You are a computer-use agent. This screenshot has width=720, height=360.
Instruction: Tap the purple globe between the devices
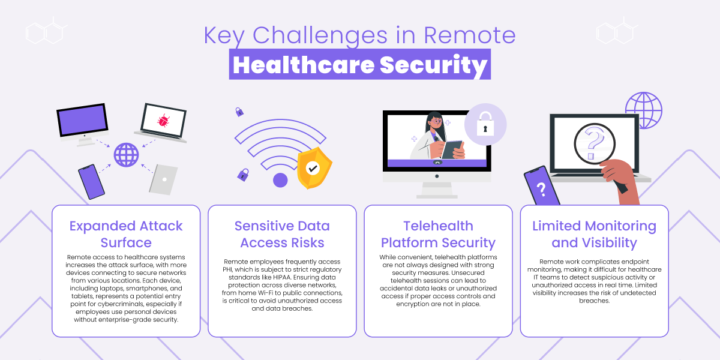coord(126,154)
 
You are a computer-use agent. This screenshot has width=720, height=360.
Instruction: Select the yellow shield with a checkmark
coord(313,169)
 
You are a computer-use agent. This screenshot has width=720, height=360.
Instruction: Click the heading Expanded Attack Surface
coord(126,234)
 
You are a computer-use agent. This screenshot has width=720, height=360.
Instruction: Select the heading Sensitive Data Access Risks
coord(282,234)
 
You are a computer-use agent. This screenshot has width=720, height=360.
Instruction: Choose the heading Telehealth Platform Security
coord(438,234)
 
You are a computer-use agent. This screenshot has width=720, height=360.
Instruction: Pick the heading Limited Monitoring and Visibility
coord(594,234)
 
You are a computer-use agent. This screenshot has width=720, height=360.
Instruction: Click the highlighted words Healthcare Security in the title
coord(359,65)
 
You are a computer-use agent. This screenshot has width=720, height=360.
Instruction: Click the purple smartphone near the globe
coord(91,182)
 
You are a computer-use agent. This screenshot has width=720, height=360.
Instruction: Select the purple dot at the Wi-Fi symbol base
coord(280,180)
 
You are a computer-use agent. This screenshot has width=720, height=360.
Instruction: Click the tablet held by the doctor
coord(451,148)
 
